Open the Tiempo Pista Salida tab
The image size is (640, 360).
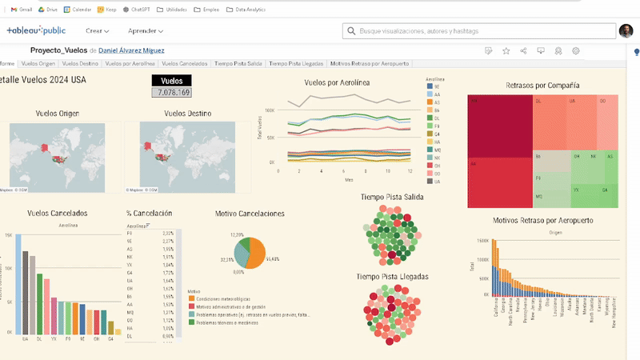239,63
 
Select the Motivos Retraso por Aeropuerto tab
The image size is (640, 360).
370,63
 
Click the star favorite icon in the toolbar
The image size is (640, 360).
506,50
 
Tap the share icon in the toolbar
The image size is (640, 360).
523,50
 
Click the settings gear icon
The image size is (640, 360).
575,50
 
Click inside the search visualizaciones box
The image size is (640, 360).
480,31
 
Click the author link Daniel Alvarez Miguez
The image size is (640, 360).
131,50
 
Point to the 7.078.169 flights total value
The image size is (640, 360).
172,93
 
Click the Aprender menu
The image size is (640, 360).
146,31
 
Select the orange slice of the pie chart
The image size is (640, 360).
255,254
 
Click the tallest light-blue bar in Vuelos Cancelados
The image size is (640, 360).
18,283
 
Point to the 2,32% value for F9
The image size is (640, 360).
168,233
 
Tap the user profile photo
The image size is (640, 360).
626,30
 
